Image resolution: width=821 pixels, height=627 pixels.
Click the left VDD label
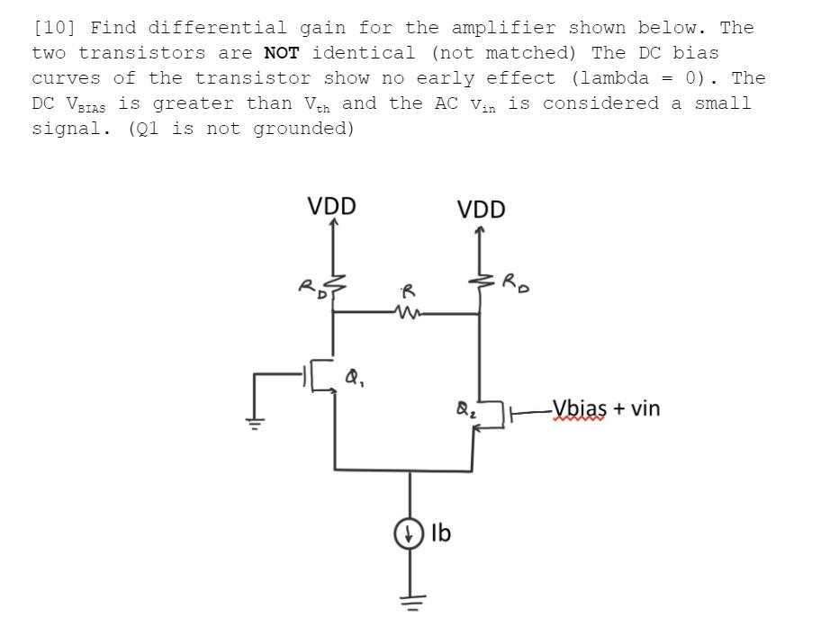coord(332,206)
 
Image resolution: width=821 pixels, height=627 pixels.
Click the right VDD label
coord(481,210)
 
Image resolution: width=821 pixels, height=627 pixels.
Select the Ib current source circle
coord(410,533)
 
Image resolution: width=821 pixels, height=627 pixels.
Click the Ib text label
coord(442,533)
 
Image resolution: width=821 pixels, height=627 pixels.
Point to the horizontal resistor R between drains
coord(410,312)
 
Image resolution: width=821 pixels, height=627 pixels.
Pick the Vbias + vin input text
coord(606,409)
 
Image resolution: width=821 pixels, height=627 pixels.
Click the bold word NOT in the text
coord(282,53)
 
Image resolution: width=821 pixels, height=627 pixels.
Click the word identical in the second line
coord(364,53)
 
